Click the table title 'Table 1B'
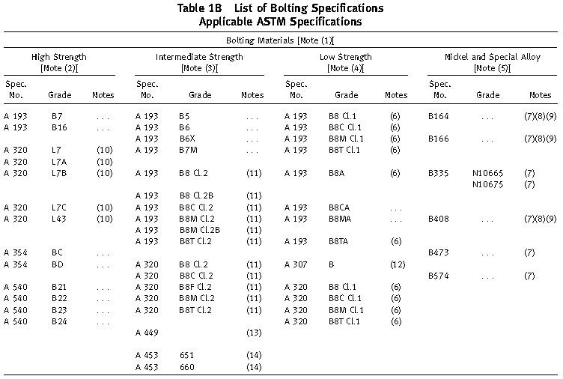[x=200, y=8]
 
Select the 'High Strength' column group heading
[x=59, y=57]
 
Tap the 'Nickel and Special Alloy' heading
[x=493, y=57]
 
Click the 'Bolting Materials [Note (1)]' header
[x=280, y=40]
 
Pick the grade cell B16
[x=59, y=127]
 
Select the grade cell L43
[x=59, y=219]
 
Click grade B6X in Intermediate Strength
[x=187, y=139]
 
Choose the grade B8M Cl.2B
[x=200, y=230]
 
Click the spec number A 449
[x=147, y=333]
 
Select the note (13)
[x=254, y=333]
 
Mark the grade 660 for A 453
[x=186, y=367]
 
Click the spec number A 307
[x=296, y=264]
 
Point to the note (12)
[x=398, y=264]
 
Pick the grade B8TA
[x=338, y=241]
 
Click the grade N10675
[x=487, y=185]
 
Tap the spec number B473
[x=439, y=253]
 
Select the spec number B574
[x=439, y=276]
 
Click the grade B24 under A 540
[x=59, y=321]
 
